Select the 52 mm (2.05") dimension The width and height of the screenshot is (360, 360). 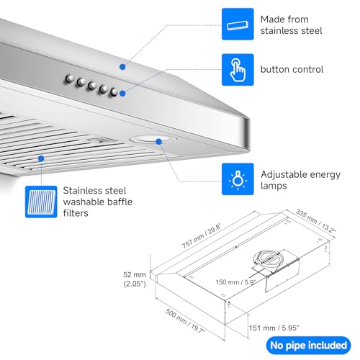pos(136,278)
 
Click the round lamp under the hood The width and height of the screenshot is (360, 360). pos(146,140)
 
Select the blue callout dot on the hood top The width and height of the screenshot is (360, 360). pos(122,66)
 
